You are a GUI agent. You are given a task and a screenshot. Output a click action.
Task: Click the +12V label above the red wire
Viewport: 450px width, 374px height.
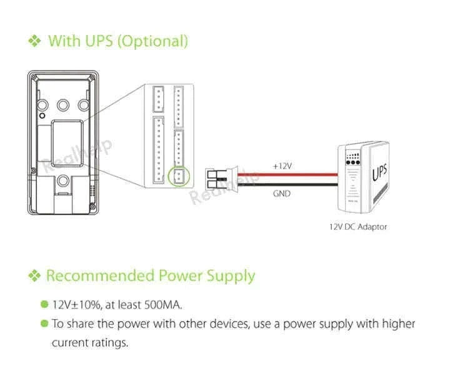(282, 166)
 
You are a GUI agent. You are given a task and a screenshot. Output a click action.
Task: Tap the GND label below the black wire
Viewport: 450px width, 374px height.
(282, 194)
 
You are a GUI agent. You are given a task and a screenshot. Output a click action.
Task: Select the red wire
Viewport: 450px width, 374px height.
(287, 174)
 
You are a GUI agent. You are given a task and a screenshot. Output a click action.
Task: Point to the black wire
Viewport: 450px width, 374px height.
(287, 184)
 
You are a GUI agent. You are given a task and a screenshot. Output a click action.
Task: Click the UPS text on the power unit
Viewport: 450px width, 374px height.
(380, 172)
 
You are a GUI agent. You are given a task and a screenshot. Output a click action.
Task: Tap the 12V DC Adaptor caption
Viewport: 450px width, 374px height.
(358, 227)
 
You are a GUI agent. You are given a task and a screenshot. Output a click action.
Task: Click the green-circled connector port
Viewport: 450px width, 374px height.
(179, 176)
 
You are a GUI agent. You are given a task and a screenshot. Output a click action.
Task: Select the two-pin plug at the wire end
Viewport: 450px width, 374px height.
(222, 179)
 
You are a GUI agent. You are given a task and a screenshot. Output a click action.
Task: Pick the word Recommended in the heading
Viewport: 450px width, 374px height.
(101, 275)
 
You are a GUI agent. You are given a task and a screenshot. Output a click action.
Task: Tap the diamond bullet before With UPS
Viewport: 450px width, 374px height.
(35, 41)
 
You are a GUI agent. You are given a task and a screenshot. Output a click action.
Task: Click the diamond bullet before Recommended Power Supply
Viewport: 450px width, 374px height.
(35, 275)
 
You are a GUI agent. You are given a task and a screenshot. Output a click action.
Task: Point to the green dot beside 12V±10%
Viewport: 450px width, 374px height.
(44, 304)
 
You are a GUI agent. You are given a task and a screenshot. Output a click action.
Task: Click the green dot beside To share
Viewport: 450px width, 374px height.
(44, 323)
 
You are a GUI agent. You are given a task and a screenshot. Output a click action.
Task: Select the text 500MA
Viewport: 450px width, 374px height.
(162, 305)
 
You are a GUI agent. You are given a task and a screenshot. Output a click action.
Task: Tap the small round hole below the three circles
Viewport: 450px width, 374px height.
(42, 116)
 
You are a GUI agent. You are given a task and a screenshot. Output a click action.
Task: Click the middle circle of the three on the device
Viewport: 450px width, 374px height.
(63, 106)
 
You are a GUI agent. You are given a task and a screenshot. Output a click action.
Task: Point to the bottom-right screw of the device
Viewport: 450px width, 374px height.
(92, 207)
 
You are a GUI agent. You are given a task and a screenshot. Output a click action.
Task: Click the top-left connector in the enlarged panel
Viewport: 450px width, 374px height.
(158, 99)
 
